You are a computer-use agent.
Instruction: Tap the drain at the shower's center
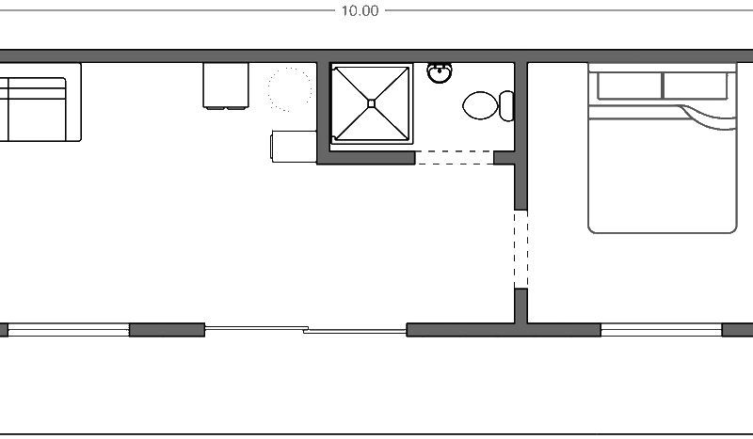click(371, 103)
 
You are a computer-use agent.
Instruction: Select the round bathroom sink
click(439, 72)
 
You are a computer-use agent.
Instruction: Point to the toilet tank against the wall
click(506, 105)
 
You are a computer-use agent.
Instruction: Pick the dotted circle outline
click(289, 89)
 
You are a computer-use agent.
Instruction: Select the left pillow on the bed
click(628, 86)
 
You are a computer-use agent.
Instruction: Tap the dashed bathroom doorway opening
click(455, 158)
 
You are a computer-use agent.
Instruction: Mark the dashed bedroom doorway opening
click(521, 249)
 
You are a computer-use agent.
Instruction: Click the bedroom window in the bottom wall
click(661, 330)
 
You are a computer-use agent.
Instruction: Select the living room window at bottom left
click(68, 330)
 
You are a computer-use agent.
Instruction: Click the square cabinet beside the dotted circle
click(226, 85)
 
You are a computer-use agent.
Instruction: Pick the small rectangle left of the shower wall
click(293, 147)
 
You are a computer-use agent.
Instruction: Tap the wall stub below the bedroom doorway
click(521, 306)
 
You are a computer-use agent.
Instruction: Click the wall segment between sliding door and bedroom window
click(503, 330)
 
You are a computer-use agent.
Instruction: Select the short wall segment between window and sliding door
click(167, 330)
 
